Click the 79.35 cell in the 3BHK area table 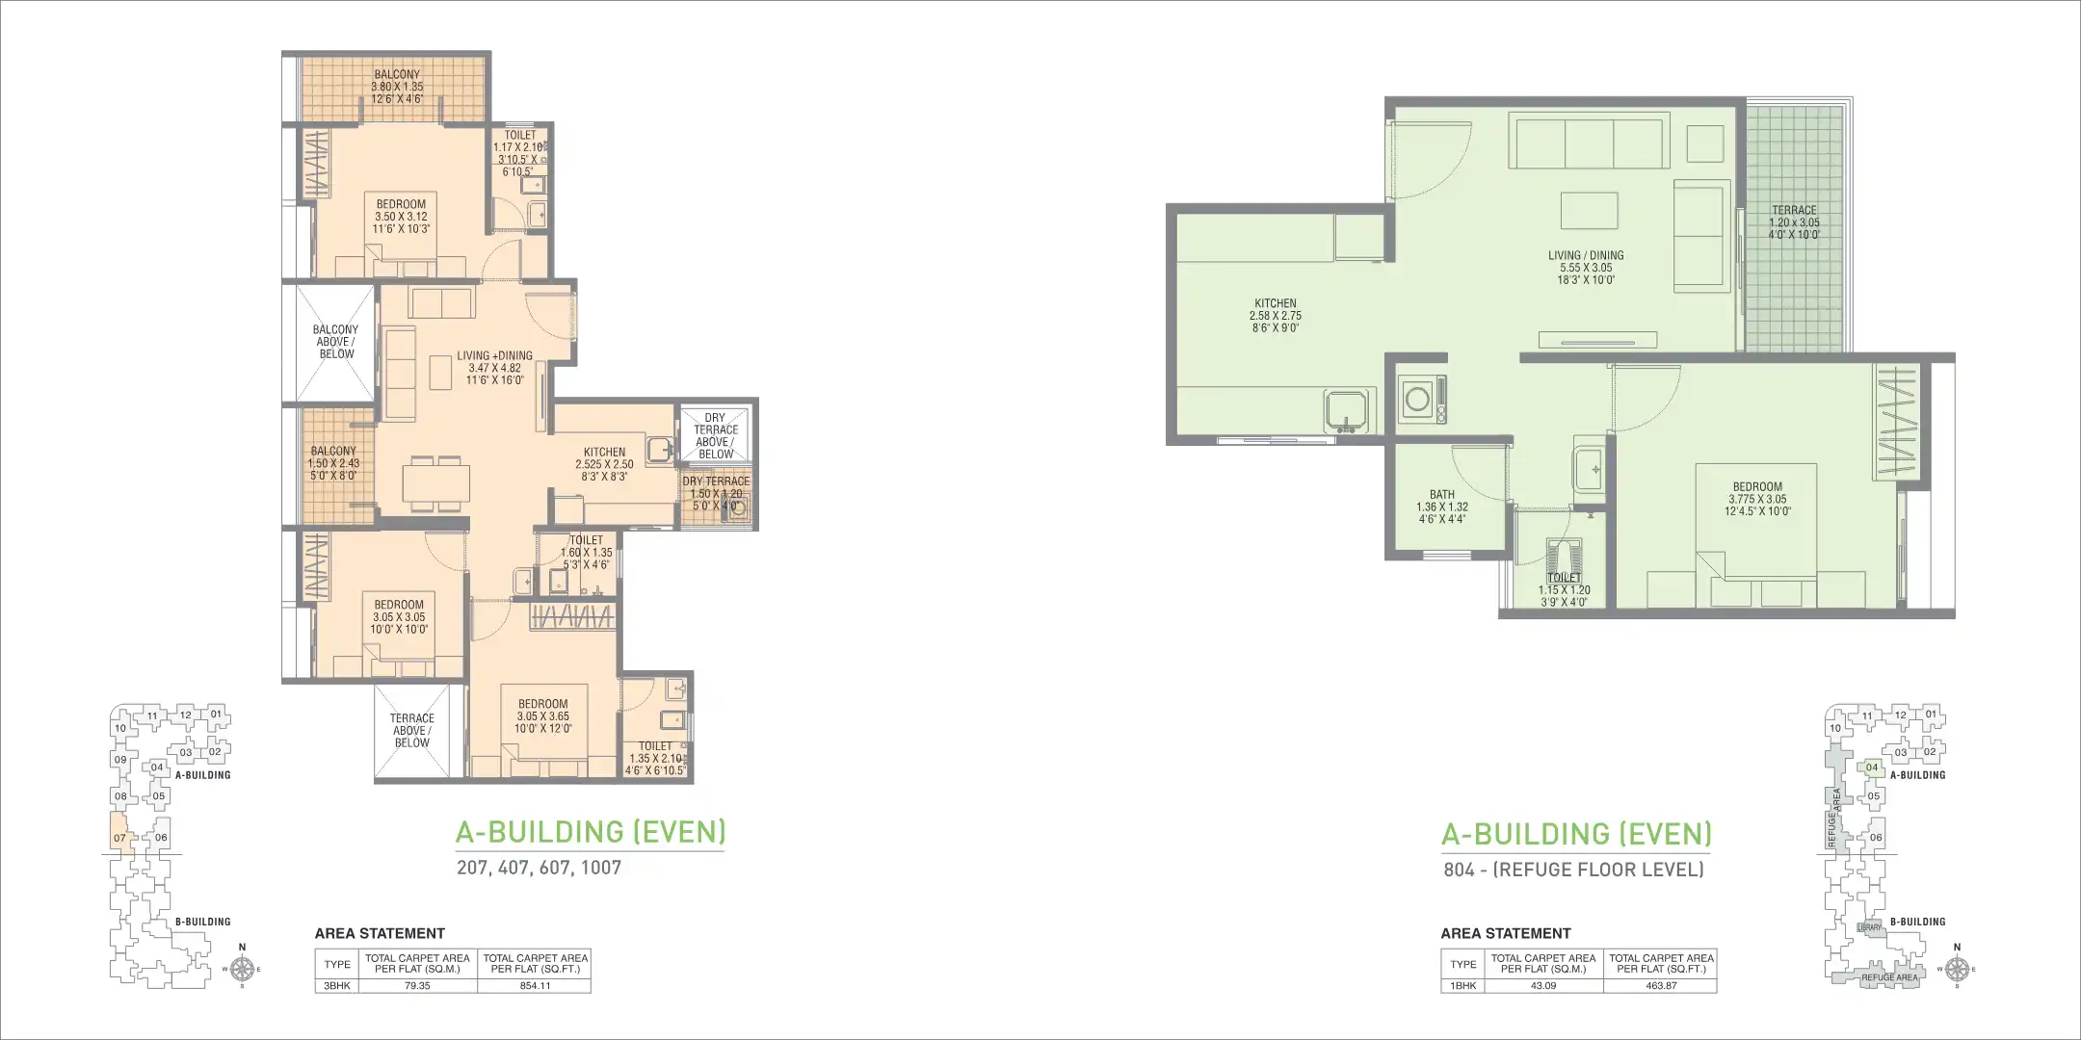click(417, 986)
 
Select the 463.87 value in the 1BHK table click(1661, 986)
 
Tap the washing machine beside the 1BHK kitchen click(1417, 399)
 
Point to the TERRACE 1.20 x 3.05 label click(1794, 222)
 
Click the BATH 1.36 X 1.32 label click(1442, 507)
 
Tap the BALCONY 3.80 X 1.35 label click(397, 87)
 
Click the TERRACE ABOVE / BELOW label click(412, 731)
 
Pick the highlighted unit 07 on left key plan click(119, 834)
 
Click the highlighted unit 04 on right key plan click(1871, 768)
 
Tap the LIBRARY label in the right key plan click(1870, 927)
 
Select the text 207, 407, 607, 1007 click(539, 868)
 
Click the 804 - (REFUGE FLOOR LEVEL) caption click(1573, 870)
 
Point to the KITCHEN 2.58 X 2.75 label click(1276, 316)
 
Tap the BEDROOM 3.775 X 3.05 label click(1757, 499)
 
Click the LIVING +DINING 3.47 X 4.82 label click(494, 368)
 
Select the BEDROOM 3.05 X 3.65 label click(542, 716)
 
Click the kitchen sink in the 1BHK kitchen click(1347, 410)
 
